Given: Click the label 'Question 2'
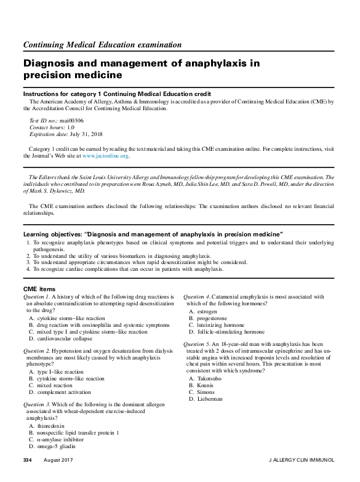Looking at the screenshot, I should click(36, 350).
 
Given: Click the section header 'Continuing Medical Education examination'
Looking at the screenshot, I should click(102, 45).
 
